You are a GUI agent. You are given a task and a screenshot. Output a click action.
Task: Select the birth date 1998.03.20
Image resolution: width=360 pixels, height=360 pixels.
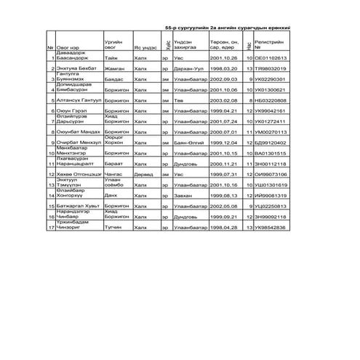pyautogui.click(x=221, y=68)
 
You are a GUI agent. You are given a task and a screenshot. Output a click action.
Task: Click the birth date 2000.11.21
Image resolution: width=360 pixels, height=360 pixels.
pyautogui.click(x=221, y=164)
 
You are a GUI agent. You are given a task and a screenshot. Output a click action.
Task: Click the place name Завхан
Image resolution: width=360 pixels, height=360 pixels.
pyautogui.click(x=183, y=196)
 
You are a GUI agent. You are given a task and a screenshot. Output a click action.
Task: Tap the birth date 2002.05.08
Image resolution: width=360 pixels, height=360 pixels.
pyautogui.click(x=221, y=207)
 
